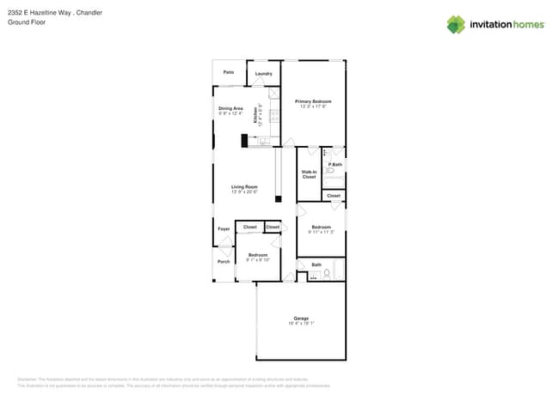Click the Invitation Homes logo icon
[456, 24]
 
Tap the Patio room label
[229, 72]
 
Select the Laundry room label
[263, 74]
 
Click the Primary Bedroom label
[313, 101]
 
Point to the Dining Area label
[230, 108]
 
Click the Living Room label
[244, 186]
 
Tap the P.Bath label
[335, 164]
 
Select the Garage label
[300, 319]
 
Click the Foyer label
[224, 229]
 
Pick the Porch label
[224, 261]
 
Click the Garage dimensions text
[300, 324]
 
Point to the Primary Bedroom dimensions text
[313, 106]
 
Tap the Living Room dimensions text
[244, 191]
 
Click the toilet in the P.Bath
[330, 172]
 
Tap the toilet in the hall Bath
[326, 275]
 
